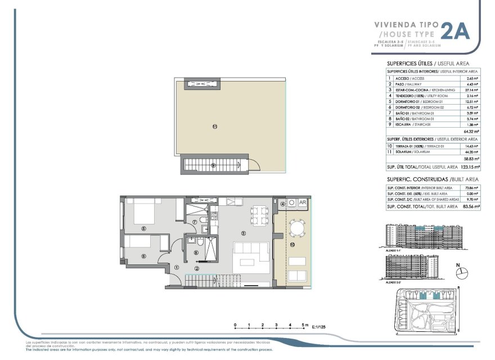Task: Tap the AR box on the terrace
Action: [302, 203]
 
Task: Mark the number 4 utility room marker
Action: [283, 204]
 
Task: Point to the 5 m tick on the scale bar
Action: [303, 325]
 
